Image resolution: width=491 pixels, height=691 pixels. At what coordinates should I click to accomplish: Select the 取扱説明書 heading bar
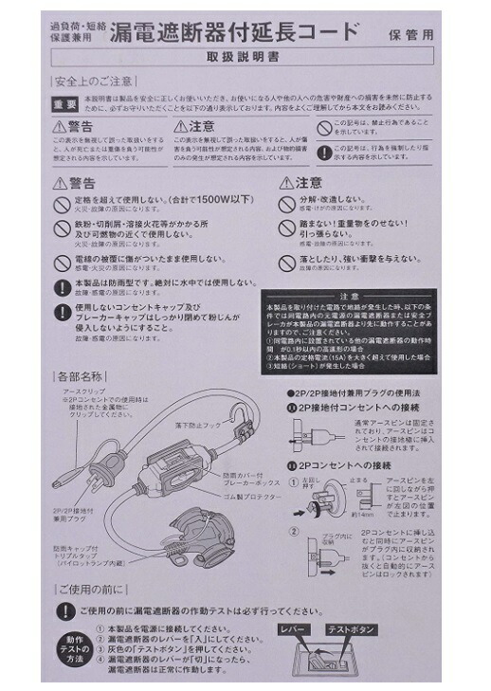tap(245, 58)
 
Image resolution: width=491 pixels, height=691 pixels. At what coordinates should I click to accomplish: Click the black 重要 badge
tap(65, 103)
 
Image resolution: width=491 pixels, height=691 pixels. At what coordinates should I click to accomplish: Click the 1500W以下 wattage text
tap(221, 201)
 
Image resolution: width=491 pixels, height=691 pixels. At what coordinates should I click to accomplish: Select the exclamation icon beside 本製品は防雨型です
tap(62, 287)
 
